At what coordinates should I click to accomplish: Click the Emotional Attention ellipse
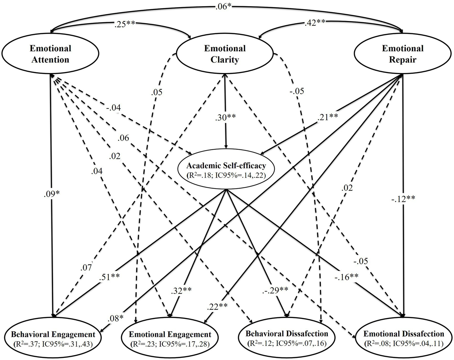click(50, 54)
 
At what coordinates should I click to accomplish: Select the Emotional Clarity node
click(225, 54)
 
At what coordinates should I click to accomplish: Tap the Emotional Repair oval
click(403, 54)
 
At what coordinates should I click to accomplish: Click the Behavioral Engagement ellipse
click(53, 338)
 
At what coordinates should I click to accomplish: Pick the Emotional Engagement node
click(170, 338)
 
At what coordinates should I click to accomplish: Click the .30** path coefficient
click(225, 117)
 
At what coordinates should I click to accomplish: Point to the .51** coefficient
click(109, 277)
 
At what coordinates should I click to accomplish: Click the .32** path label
click(181, 290)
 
